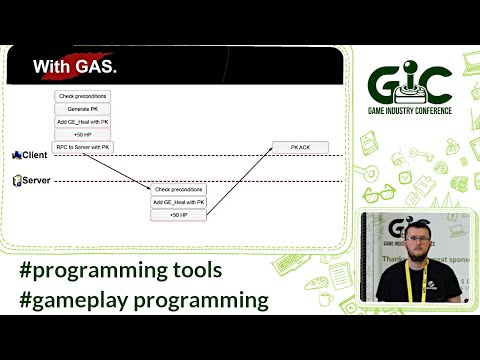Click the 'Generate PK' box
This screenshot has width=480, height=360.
[x=81, y=108]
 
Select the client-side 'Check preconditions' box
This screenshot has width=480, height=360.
[x=81, y=96]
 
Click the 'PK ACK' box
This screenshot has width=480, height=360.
[x=301, y=147]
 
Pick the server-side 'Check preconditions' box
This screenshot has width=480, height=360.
[x=178, y=188]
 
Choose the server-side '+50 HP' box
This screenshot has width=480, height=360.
[x=178, y=214]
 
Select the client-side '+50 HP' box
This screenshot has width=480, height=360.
[x=81, y=134]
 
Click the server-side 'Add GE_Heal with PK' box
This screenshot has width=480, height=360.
[x=178, y=201]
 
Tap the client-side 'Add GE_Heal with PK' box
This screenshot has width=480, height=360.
[x=81, y=121]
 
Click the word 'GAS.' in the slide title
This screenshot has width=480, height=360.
[x=96, y=68]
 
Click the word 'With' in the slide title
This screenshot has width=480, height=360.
[x=51, y=68]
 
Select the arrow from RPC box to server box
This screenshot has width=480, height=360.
[x=130, y=167]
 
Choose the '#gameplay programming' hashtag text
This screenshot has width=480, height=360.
[x=145, y=298]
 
